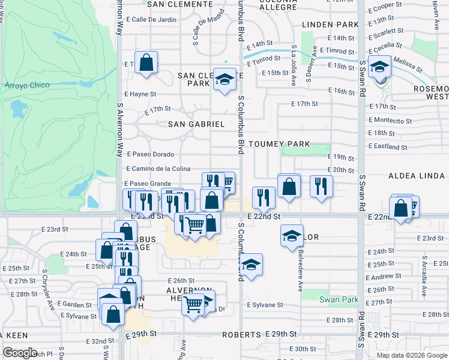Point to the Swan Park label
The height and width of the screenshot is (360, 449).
click(x=339, y=299)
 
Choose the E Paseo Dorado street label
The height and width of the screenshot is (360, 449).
click(x=149, y=154)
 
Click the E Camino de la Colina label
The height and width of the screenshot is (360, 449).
click(x=158, y=169)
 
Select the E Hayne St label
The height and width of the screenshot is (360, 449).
click(x=140, y=94)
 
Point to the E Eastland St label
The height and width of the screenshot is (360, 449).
click(x=388, y=146)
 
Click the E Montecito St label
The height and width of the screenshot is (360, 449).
click(x=391, y=121)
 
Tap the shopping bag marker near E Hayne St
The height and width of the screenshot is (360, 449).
click(x=146, y=62)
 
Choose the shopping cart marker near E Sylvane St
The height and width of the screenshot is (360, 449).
click(x=193, y=305)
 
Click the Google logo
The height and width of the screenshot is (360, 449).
click(x=20, y=353)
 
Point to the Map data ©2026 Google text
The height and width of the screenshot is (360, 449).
click(x=411, y=355)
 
